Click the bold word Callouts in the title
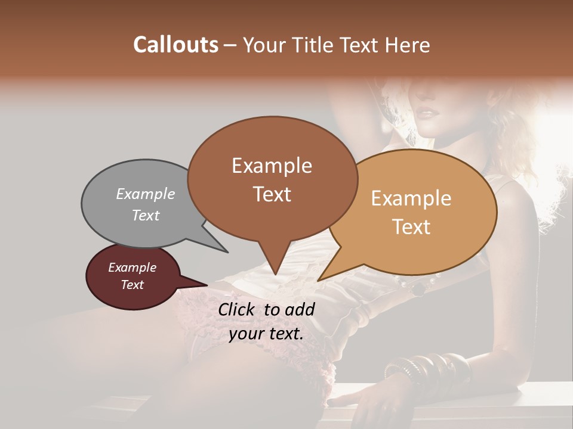175,45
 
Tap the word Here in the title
408,45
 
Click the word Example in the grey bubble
146,194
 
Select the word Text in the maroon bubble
133,285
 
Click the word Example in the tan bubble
411,198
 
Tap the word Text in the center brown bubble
272,194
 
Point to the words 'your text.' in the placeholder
266,334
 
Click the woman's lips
427,111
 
